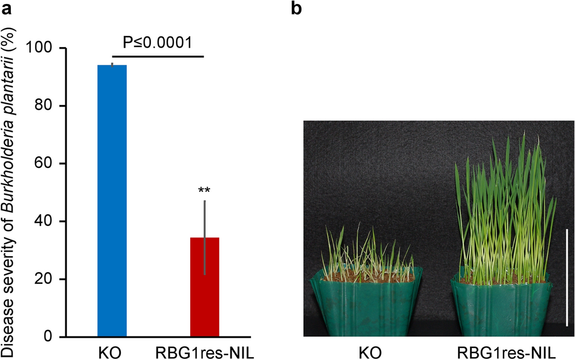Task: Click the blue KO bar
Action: click(x=112, y=201)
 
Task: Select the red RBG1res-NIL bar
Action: click(x=205, y=287)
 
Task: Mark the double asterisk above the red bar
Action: click(x=205, y=190)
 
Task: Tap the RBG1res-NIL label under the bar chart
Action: click(x=205, y=351)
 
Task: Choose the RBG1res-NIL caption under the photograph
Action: click(x=504, y=351)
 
